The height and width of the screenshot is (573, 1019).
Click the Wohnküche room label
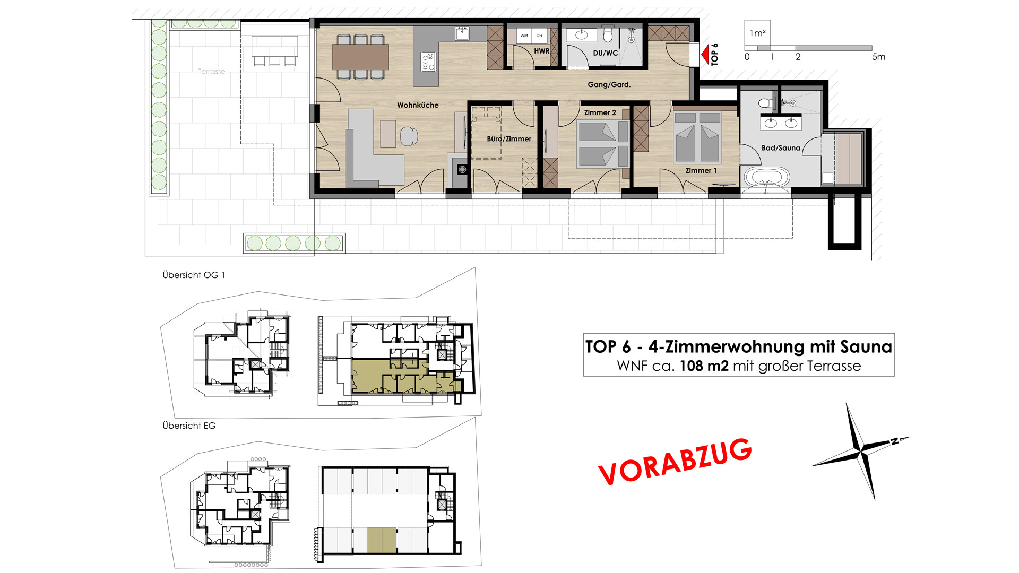[418, 105]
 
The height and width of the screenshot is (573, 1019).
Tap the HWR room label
[541, 51]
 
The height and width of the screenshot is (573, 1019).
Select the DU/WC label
[605, 53]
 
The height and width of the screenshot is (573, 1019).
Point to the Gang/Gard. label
[609, 84]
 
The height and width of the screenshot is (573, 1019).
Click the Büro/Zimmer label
[509, 139]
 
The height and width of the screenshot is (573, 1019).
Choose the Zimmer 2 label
[600, 112]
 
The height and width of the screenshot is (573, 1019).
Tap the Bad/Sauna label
[781, 148]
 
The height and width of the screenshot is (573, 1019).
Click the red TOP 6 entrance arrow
[705, 55]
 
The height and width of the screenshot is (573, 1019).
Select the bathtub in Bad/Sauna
[767, 177]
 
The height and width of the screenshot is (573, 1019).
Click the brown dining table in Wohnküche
[360, 57]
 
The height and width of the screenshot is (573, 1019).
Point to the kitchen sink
[462, 33]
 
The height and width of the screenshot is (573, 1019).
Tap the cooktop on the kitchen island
[428, 62]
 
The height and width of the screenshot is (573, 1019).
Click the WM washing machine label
[524, 36]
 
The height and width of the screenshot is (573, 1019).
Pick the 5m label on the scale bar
[879, 57]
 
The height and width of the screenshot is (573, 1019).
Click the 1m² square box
[757, 33]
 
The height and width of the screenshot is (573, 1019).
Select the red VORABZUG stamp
[675, 461]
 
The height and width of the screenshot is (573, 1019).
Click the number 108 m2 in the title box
[704, 366]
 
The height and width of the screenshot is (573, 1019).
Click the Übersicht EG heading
[189, 426]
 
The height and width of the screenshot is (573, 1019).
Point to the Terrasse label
[211, 72]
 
